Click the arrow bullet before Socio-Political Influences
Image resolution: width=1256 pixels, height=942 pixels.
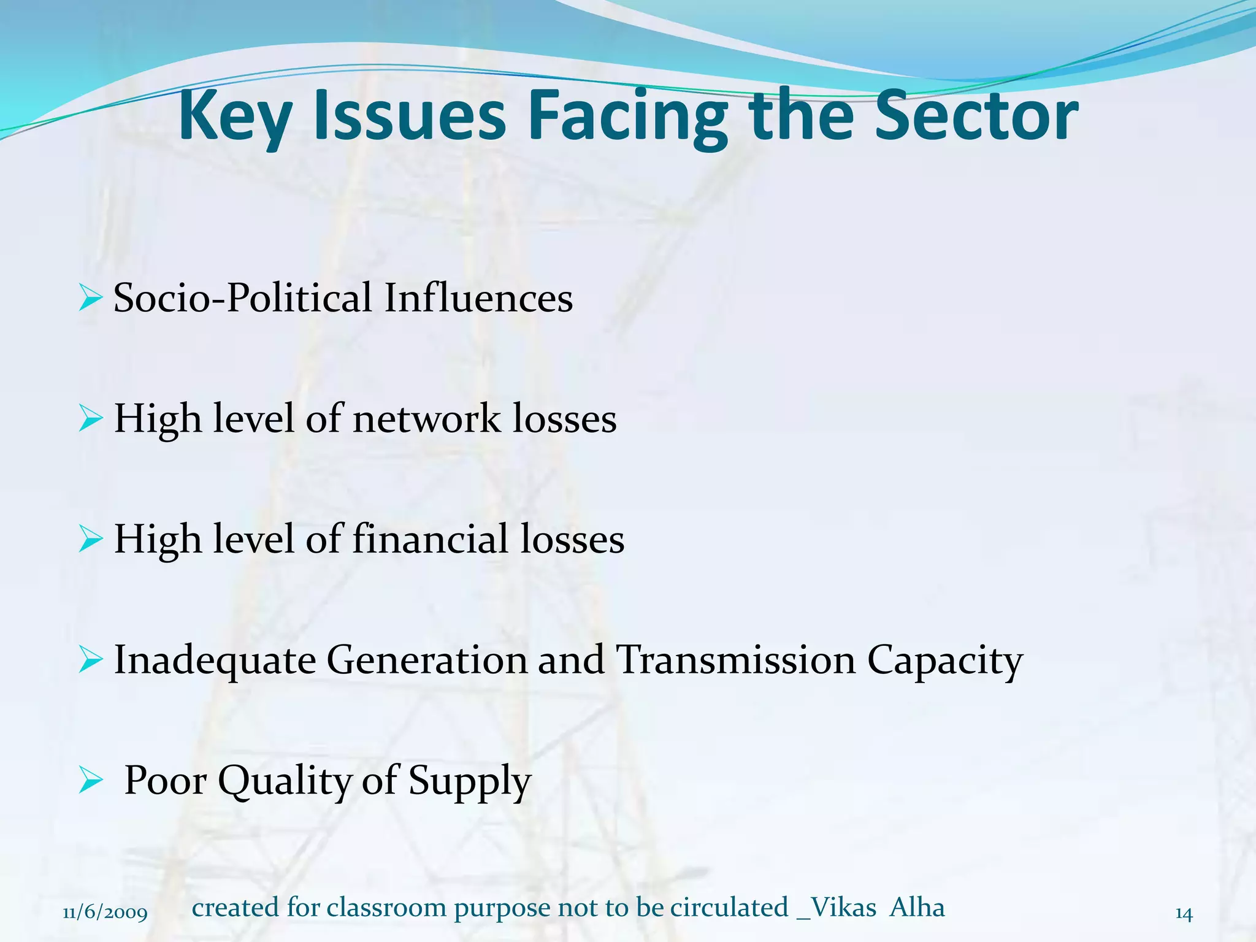click(x=90, y=299)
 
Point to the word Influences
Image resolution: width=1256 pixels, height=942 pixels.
click(x=478, y=299)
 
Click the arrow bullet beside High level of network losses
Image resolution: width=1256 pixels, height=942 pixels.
click(x=90, y=419)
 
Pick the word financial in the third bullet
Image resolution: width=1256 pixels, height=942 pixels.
click(x=430, y=540)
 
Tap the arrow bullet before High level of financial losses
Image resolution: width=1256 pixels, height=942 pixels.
click(x=90, y=540)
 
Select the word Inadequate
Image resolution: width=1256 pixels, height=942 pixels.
click(x=215, y=661)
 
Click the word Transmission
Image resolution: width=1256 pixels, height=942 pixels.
click(x=735, y=661)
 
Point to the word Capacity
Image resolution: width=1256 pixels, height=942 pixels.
click(x=944, y=661)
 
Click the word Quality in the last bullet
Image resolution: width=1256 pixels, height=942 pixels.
click(x=285, y=781)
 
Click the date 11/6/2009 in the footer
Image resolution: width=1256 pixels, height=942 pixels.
click(x=105, y=913)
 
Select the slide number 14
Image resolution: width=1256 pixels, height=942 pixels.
click(x=1184, y=914)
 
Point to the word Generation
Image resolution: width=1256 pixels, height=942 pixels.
click(x=427, y=661)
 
